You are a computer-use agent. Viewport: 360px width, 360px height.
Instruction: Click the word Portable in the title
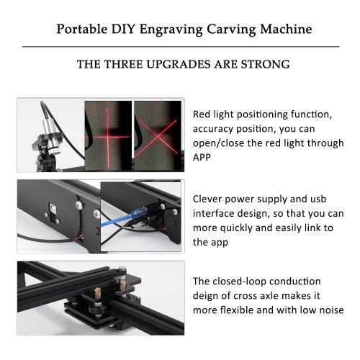point(82,30)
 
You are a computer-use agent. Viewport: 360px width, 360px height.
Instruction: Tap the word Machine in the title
point(286,30)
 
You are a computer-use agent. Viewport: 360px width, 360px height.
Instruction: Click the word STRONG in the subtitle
point(265,64)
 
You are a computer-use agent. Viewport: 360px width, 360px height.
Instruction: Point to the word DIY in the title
point(123,30)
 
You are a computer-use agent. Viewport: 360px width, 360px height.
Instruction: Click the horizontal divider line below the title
point(181,47)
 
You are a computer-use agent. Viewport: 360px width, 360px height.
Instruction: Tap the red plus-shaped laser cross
point(107,138)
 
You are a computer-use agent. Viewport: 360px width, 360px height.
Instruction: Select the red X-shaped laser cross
point(156,138)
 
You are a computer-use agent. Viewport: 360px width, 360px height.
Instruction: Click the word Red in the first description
point(201,114)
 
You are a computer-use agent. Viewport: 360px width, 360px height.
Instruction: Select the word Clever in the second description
point(207,199)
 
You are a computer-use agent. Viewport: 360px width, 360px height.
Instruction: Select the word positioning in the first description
point(262,114)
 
